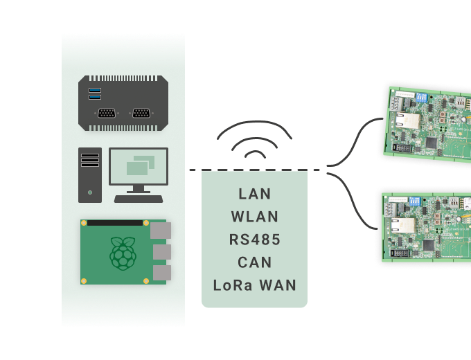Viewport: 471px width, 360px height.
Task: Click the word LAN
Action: point(254,193)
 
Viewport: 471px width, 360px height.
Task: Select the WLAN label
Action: point(254,217)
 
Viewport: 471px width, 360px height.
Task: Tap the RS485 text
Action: point(254,240)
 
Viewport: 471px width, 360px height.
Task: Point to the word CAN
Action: point(254,262)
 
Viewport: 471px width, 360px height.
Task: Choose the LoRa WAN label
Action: point(254,285)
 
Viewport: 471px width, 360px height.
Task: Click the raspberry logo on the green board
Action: point(123,253)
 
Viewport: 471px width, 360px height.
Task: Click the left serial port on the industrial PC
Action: point(106,114)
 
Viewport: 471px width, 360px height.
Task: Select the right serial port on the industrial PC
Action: point(141,114)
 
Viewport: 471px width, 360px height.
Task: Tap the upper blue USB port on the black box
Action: point(95,91)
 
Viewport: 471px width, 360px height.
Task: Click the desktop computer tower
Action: point(90,175)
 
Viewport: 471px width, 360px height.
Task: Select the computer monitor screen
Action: point(139,166)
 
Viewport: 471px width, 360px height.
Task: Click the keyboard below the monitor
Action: point(139,199)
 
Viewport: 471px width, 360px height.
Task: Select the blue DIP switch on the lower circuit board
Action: point(417,201)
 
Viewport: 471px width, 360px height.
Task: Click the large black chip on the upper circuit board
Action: point(431,143)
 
